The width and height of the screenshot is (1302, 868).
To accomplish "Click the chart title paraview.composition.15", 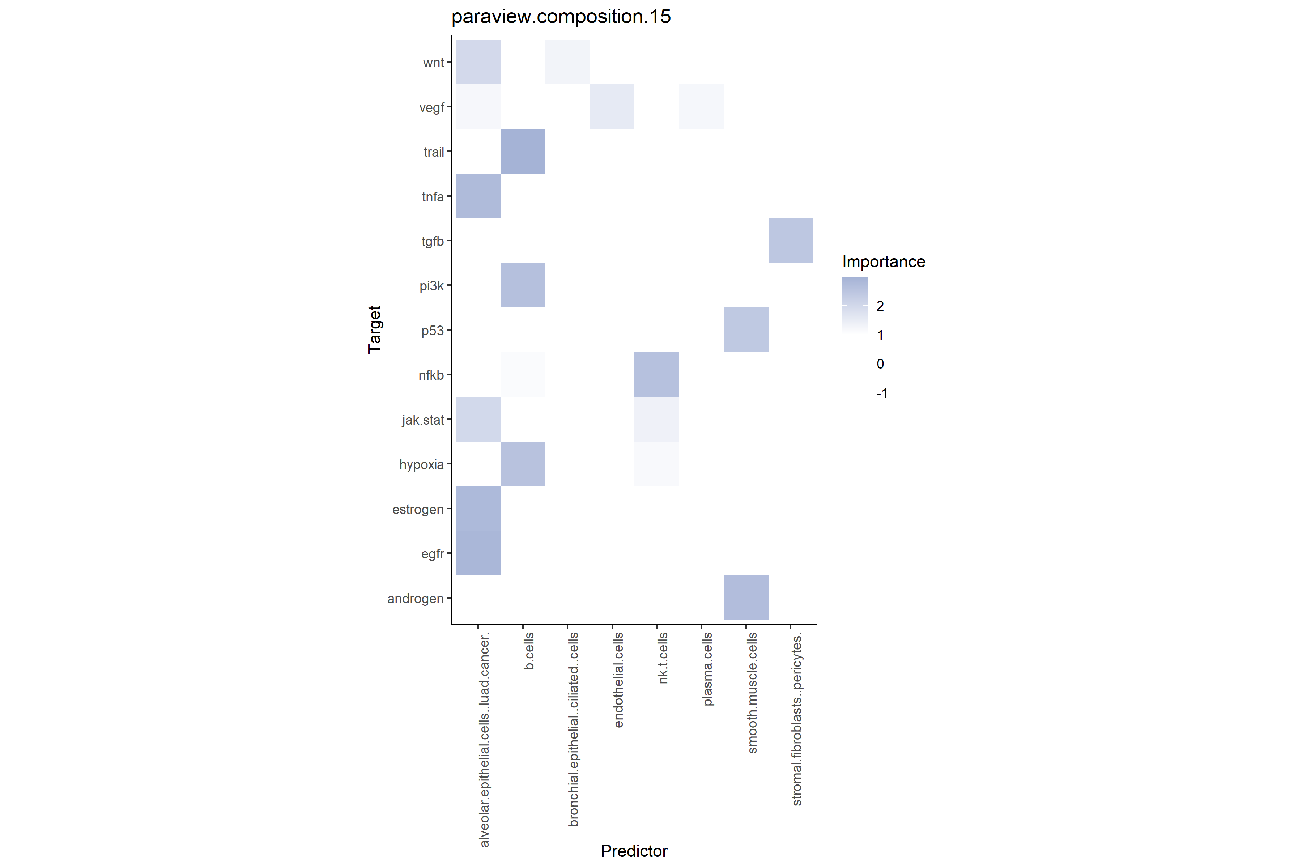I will coord(561,17).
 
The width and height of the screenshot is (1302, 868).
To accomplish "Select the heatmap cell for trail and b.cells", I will coord(523,151).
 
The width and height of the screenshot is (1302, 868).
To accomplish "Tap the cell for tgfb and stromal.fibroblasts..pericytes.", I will coord(791,240).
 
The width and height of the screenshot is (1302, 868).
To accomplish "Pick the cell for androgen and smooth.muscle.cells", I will coord(746,597).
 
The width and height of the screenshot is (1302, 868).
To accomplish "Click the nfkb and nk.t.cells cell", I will coord(656,374).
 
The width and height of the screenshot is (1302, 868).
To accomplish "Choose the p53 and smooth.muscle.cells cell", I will coord(746,329).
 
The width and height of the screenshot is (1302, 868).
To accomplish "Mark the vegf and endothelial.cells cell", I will coord(612,106).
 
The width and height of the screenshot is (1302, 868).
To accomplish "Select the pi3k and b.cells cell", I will coord(523,285).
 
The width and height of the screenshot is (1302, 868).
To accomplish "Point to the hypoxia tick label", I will coord(421,464).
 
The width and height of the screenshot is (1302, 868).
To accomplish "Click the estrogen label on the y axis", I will coord(418,509).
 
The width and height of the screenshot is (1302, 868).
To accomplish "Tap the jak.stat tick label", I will coord(423,420).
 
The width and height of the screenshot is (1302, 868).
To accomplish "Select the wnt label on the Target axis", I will coord(433,63).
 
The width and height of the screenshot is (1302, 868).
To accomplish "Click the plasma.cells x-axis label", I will coord(707,669).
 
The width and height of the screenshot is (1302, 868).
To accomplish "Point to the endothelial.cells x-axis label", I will coord(618,680).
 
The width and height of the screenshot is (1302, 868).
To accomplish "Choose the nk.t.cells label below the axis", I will coord(663,658).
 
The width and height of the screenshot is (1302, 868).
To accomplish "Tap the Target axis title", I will coord(375,329).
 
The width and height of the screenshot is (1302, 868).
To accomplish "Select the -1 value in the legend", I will coord(882,393).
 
